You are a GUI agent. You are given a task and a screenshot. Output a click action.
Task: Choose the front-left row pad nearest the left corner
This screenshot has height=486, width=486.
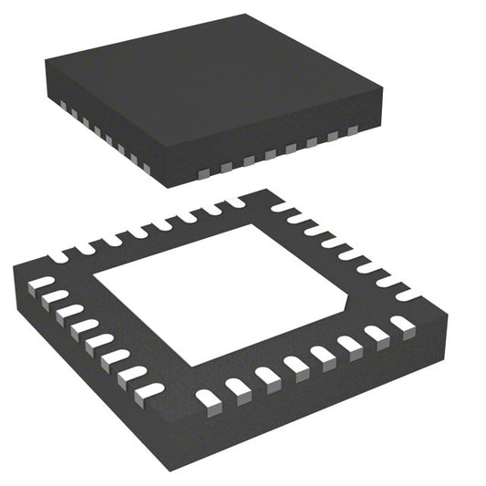pos(42,284)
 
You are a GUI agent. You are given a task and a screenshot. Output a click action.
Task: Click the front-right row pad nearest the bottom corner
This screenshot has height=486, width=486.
pos(208,398)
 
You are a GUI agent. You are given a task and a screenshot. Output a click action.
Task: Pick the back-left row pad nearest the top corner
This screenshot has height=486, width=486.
pos(233,202)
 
